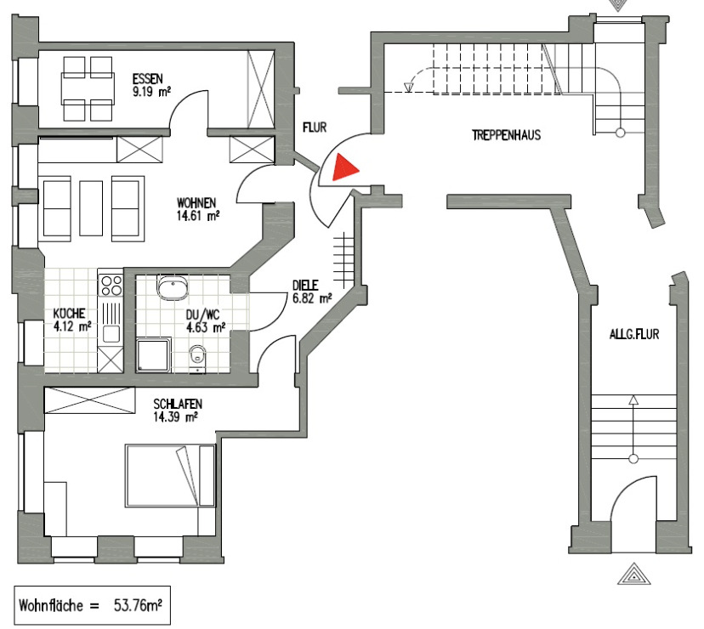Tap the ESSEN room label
coord(148,79)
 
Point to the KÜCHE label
coord(71,312)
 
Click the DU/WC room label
coord(204,313)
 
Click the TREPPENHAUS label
coord(507,134)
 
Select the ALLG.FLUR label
coord(633,335)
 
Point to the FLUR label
coord(315,128)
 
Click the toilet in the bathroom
coord(198,356)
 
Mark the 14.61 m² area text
coord(198,216)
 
